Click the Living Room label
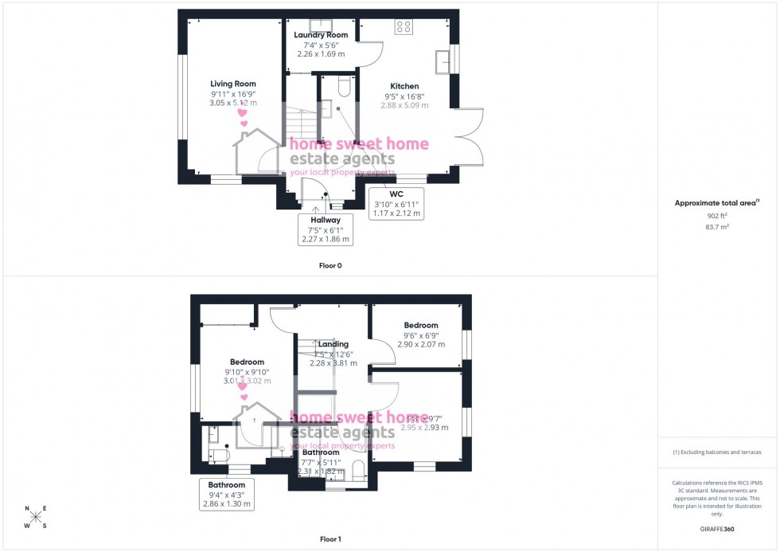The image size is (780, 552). [x=233, y=84]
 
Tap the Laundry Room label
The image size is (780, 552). [x=321, y=35]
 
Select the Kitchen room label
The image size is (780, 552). [x=404, y=86]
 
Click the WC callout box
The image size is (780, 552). [x=396, y=203]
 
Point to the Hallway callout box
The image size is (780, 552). [x=326, y=229]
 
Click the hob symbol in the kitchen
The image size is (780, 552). [x=404, y=26]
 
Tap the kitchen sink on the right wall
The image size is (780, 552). [x=442, y=61]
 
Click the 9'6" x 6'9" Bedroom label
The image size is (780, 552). [x=420, y=325]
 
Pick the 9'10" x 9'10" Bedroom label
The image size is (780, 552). [x=246, y=362]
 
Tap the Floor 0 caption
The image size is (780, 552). [x=330, y=265]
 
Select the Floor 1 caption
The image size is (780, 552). [x=330, y=539]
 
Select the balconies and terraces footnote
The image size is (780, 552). [x=717, y=452]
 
